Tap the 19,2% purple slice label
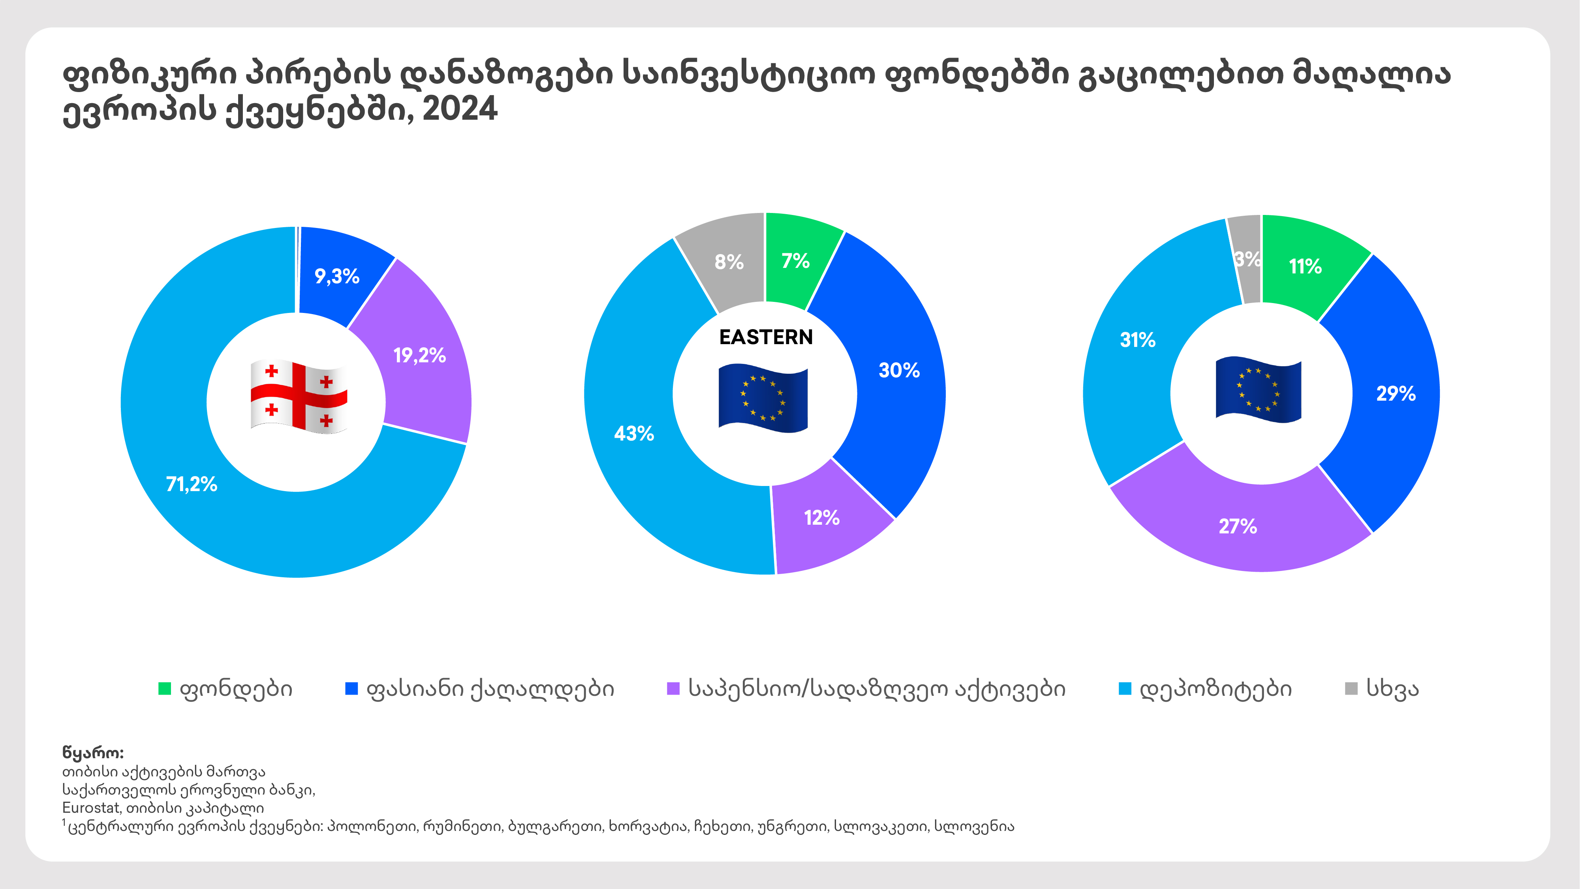click(x=419, y=355)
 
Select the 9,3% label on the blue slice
click(x=337, y=276)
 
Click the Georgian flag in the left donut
click(x=299, y=397)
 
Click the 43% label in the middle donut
click(x=633, y=434)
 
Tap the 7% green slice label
click(x=795, y=261)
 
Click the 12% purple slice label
click(x=822, y=518)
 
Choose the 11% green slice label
click(x=1305, y=266)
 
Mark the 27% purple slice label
click(x=1238, y=526)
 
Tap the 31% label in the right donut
click(x=1138, y=339)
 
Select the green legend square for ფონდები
click(x=164, y=688)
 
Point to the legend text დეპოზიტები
click(x=1216, y=688)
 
